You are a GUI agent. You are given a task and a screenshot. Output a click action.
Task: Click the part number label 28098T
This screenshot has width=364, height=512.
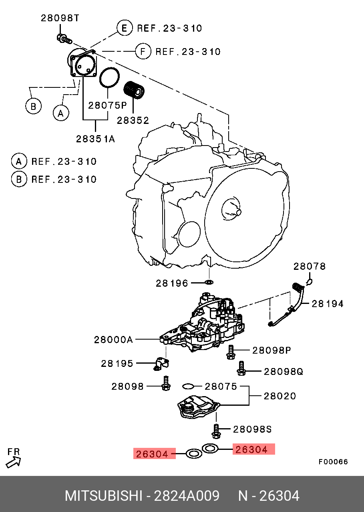tap(60, 18)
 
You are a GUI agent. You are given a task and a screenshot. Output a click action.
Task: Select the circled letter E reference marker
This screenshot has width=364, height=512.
tap(125, 28)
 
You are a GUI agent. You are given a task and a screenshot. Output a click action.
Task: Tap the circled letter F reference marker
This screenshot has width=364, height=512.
tap(143, 51)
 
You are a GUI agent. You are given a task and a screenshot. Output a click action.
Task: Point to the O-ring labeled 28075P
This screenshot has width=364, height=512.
tap(109, 77)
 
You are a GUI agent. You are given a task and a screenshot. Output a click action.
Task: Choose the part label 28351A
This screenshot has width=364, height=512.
tap(95, 139)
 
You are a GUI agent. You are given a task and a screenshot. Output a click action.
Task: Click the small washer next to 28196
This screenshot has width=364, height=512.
tap(209, 283)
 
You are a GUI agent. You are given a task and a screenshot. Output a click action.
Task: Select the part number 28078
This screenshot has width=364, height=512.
tap(310, 266)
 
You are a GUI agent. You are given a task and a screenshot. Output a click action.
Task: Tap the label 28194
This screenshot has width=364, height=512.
tap(328, 304)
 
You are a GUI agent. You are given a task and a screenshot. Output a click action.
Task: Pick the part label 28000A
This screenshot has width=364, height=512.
tap(113, 340)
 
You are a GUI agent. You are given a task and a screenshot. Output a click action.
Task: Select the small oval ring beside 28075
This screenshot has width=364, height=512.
tap(188, 386)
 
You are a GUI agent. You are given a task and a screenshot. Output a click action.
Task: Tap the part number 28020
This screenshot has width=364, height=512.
tap(280, 396)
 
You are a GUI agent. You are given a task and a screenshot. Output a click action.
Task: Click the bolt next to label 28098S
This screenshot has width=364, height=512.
tap(216, 431)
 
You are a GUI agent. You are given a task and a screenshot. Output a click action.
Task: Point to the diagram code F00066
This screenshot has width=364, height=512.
tap(333, 462)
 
